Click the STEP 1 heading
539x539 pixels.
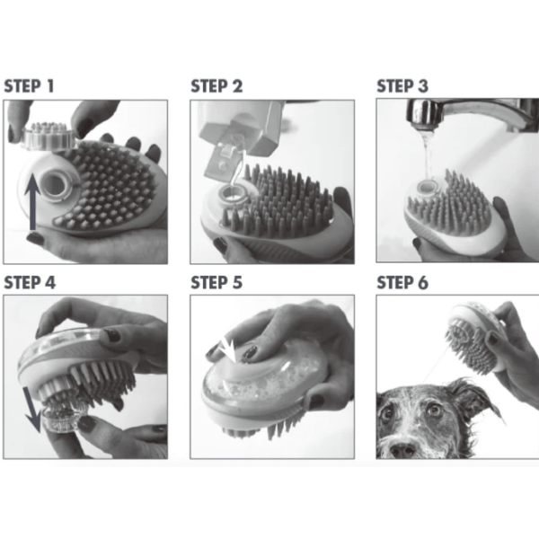click(x=30, y=86)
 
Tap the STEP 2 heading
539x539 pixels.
click(x=216, y=86)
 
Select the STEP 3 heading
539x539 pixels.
click(x=402, y=86)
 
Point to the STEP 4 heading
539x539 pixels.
click(x=30, y=283)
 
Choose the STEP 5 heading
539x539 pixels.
click(x=216, y=283)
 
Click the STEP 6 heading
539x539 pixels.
click(x=402, y=283)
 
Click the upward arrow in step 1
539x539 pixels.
click(x=33, y=202)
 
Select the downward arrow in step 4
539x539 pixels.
click(x=32, y=409)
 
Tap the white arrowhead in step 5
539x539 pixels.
click(x=228, y=349)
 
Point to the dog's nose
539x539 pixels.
click(x=402, y=449)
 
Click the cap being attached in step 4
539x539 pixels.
click(x=60, y=419)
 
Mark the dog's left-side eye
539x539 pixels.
click(x=386, y=413)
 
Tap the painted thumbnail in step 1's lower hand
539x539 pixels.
click(x=36, y=238)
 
